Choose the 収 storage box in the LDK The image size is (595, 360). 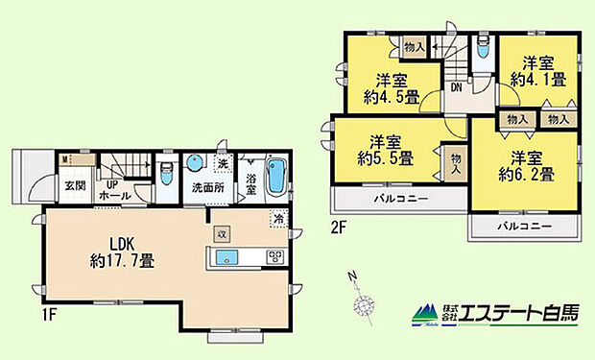click(x=222, y=231)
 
